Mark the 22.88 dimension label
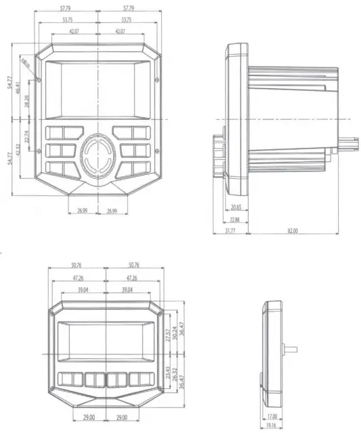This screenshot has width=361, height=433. tap(235, 219)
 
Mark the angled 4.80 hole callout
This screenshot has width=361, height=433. tap(26, 66)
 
